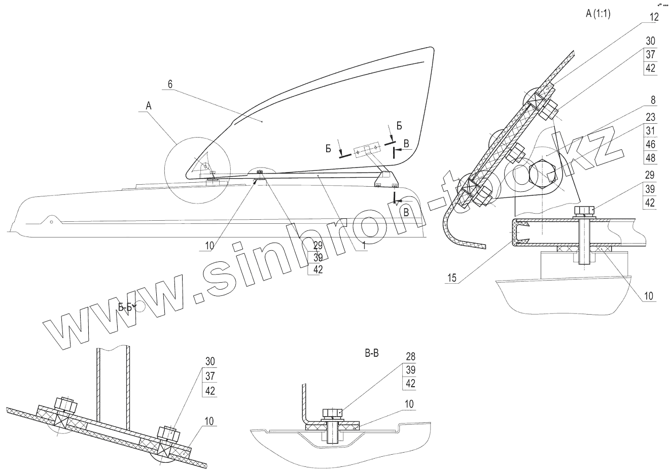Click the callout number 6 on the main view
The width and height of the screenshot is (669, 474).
pyautogui.click(x=170, y=84)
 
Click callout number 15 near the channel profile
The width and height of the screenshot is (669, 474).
pyautogui.click(x=452, y=278)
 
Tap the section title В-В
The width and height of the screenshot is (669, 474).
pyautogui.click(x=372, y=353)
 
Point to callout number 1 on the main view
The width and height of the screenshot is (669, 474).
pyautogui.click(x=364, y=246)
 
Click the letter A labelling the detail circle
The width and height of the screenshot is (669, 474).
pyautogui.click(x=148, y=106)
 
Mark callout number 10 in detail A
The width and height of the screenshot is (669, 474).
pyautogui.click(x=650, y=295)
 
